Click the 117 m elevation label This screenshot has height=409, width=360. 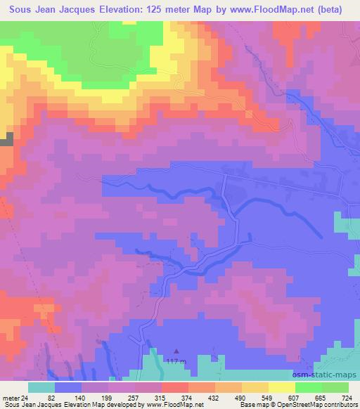pos(176,362)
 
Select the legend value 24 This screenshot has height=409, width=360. pos(25,398)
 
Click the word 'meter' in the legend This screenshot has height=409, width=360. pos(10,398)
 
